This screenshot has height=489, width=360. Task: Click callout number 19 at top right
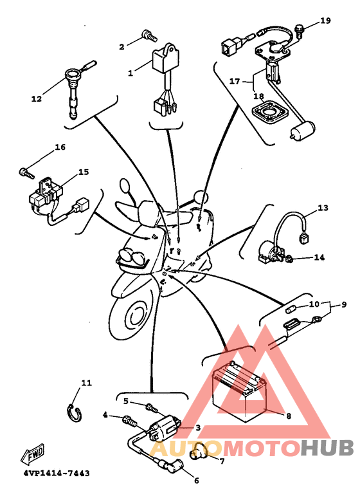pyautogui.click(x=325, y=21)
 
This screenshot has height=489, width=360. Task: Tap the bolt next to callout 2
pyautogui.click(x=149, y=35)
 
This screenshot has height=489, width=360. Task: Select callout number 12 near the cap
pyautogui.click(x=37, y=99)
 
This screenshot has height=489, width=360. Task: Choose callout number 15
pyautogui.click(x=84, y=172)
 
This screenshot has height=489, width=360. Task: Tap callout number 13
pyautogui.click(x=323, y=207)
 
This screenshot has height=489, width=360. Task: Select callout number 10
pyautogui.click(x=314, y=304)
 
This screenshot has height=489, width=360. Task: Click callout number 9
pyautogui.click(x=344, y=304)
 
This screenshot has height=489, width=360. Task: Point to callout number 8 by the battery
pyautogui.click(x=289, y=416)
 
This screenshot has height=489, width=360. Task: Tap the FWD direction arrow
pyautogui.click(x=33, y=453)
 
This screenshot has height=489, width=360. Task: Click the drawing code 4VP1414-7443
pyautogui.click(x=57, y=474)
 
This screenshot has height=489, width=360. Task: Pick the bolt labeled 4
pyautogui.click(x=130, y=421)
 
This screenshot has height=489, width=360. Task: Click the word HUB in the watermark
pyautogui.click(x=327, y=448)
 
